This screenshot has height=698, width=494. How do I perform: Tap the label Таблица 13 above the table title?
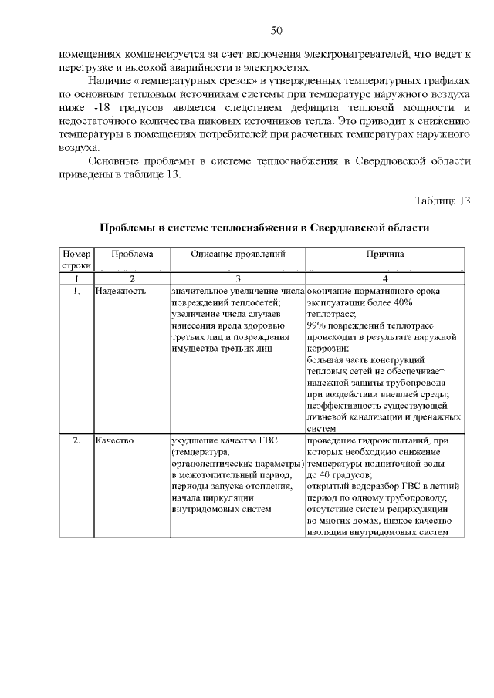tap(442, 201)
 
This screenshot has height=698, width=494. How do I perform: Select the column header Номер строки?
tap(77, 259)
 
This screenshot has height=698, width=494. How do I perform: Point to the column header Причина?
tap(385, 254)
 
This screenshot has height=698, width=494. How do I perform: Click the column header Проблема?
tap(132, 254)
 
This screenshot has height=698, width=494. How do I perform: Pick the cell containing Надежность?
tap(121, 292)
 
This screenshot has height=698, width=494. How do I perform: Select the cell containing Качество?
tap(115, 441)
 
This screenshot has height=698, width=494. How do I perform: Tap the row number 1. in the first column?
tap(76, 292)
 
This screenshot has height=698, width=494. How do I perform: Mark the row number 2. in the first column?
tap(76, 441)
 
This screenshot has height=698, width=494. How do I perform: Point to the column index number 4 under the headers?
tap(385, 278)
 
